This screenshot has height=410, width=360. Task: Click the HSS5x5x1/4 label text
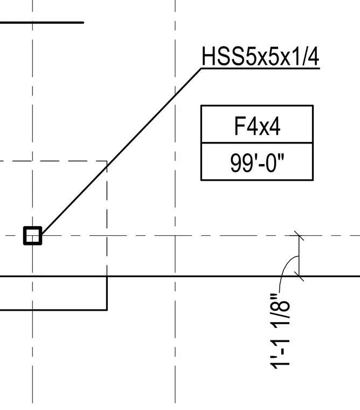coord(260,56)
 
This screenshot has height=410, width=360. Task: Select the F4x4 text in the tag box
coord(257,126)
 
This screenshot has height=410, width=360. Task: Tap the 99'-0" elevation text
coord(257,162)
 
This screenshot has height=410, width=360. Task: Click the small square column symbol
coord(33,236)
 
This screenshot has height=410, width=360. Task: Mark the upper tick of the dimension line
coord(299,236)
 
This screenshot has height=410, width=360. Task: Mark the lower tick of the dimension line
coord(299,276)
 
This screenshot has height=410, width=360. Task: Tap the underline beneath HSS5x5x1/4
coord(260,69)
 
